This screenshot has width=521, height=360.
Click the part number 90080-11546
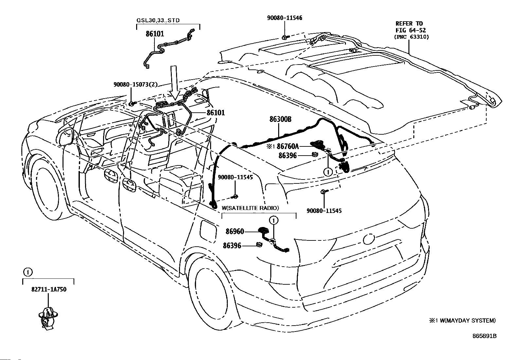click(x=284, y=18)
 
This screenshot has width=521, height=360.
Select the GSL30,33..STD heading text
click(x=158, y=20)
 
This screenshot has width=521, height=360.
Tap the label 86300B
click(x=280, y=119)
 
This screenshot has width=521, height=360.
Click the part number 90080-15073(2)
click(x=135, y=85)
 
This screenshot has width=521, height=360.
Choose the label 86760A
click(x=288, y=146)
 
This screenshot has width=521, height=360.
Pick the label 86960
click(x=235, y=232)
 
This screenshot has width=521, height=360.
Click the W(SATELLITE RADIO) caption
click(x=250, y=208)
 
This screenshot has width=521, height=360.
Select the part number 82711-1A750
click(x=49, y=289)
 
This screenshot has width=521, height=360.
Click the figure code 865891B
click(x=484, y=336)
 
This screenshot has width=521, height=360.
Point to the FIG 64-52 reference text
click(x=411, y=30)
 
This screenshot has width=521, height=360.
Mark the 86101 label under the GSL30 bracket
click(x=155, y=34)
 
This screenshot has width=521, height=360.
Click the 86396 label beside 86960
click(x=232, y=246)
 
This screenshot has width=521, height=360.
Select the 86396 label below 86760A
click(x=287, y=156)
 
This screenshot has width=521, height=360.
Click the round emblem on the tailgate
click(x=368, y=239)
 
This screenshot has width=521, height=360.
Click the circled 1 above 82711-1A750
click(x=28, y=272)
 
